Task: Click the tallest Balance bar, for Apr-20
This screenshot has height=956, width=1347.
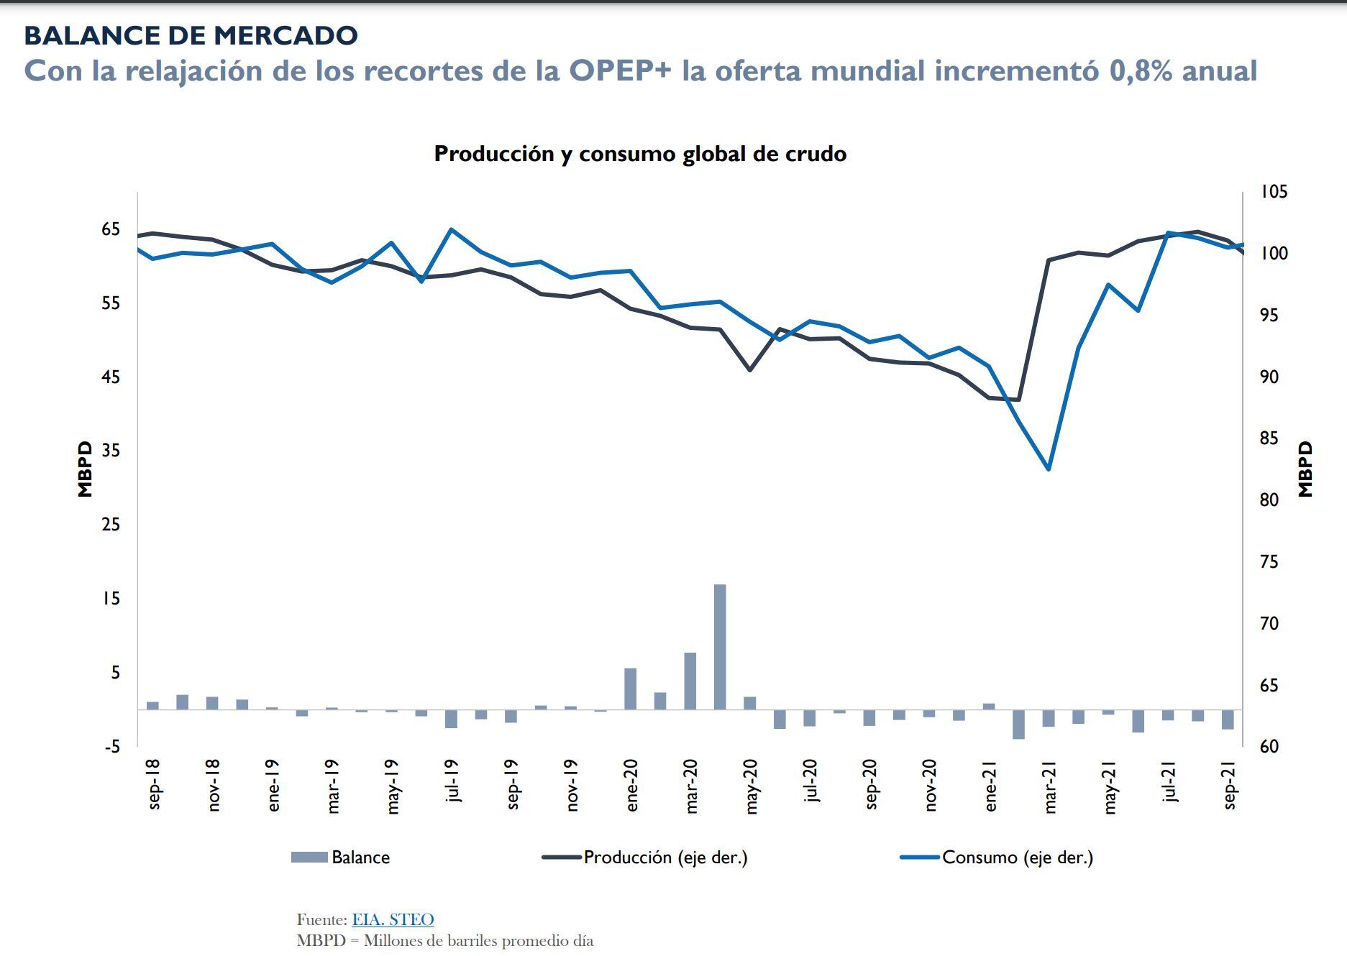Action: point(720,647)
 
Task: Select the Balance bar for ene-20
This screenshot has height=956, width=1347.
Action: point(630,689)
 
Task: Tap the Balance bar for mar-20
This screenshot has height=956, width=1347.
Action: point(690,681)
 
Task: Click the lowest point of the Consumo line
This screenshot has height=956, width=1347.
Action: point(1049,469)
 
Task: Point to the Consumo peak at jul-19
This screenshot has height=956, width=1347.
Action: point(451,230)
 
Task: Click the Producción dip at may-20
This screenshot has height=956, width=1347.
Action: point(750,369)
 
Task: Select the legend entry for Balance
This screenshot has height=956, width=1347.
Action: point(341,858)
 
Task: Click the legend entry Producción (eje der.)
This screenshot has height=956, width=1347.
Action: point(644,858)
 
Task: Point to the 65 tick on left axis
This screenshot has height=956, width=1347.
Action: point(111,229)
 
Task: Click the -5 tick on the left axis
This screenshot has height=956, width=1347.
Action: point(111,747)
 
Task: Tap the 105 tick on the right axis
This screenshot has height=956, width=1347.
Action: point(1273,192)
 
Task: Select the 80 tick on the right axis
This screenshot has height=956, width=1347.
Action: point(1269,500)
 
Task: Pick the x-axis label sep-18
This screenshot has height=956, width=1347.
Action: point(153,784)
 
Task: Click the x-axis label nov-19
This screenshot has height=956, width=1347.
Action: point(571,786)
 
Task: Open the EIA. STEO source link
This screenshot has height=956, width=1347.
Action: point(393,919)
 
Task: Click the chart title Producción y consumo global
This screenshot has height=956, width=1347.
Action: point(640,154)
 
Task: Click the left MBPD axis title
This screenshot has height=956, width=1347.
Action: point(85,469)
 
